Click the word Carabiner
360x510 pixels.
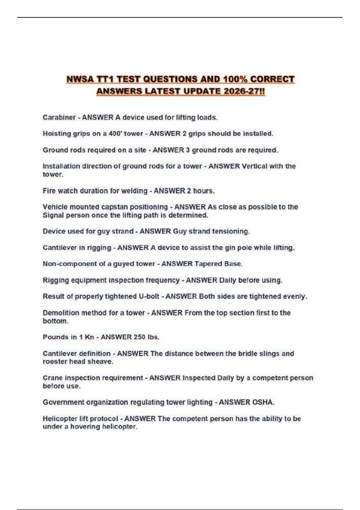point(59,117)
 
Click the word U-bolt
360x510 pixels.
point(149,296)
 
